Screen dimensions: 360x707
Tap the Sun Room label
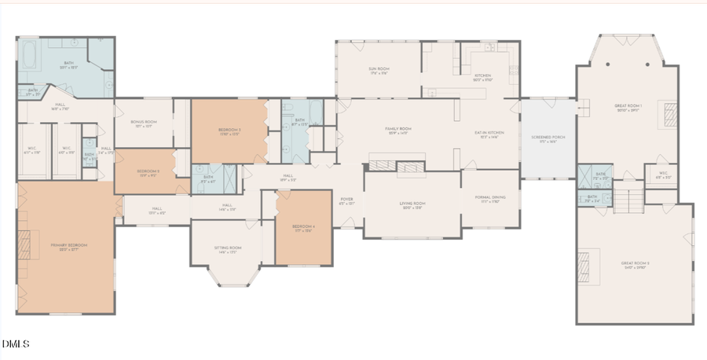[x=379, y=69]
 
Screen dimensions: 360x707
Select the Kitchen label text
[x=482, y=76]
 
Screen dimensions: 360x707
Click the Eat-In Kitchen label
[x=489, y=134]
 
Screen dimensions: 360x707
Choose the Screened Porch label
[x=548, y=138]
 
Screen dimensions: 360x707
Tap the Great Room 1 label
[x=628, y=106]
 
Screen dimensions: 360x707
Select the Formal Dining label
[x=491, y=200]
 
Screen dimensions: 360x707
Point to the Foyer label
[x=346, y=200]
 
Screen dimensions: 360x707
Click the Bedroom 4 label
[x=303, y=227]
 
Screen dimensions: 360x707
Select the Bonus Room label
[x=143, y=123]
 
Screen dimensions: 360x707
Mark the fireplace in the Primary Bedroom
[x=25, y=245]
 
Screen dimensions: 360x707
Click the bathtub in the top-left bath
[x=29, y=54]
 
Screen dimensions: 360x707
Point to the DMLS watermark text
[x=16, y=343]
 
